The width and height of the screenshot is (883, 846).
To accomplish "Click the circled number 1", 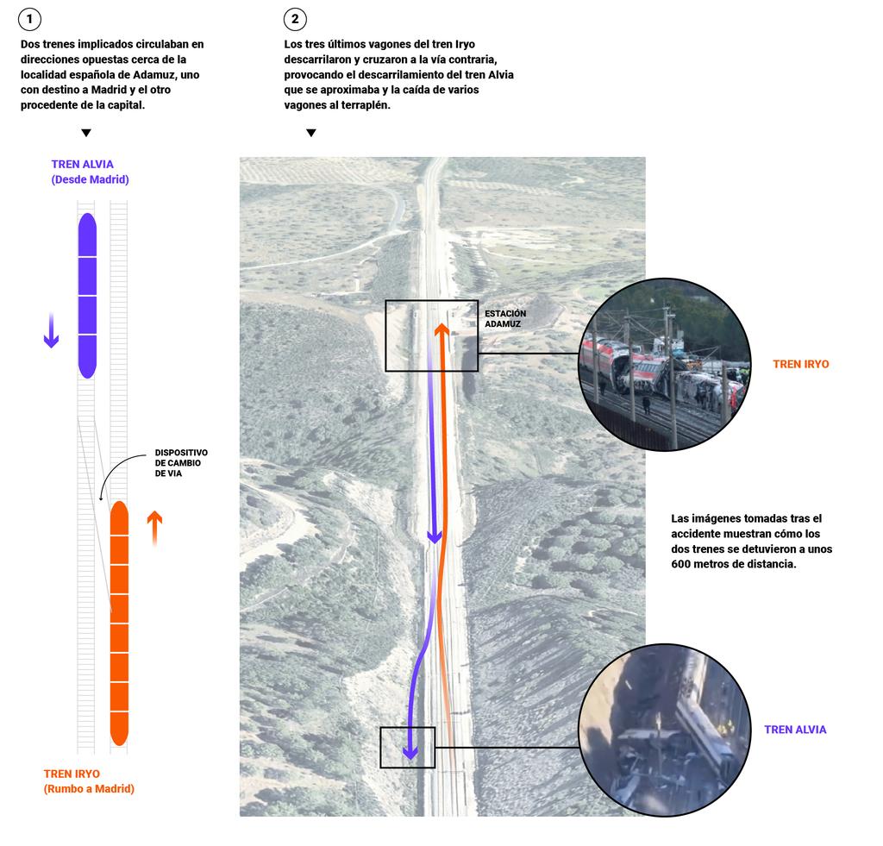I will click(30, 19).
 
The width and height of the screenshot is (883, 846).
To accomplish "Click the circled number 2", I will click(296, 19).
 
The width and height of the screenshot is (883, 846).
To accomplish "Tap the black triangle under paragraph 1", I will click(85, 133).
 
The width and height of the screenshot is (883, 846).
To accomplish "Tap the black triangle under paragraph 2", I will click(311, 133).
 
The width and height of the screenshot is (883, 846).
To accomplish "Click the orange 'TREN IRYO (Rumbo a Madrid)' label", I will click(89, 781).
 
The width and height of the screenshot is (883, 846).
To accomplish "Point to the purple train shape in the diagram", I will click(87, 295).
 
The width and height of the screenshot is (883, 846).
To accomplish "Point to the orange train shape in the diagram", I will click(120, 623).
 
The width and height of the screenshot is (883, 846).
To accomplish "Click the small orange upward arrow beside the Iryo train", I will click(154, 527).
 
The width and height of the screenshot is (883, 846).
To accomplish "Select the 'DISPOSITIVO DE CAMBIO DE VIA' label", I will click(181, 463).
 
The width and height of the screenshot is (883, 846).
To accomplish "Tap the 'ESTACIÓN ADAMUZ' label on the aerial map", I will click(504, 319).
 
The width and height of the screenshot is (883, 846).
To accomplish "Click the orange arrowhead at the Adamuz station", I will click(441, 329).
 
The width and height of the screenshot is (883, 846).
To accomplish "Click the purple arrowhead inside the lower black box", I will click(410, 753).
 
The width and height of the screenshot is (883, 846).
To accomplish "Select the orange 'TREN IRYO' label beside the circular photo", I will click(800, 365).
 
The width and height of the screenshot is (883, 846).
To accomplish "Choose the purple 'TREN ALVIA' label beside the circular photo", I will click(795, 730).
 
